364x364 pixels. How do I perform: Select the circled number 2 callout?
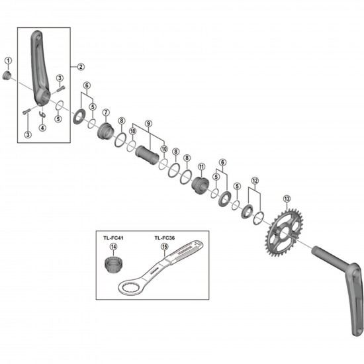click(80, 66)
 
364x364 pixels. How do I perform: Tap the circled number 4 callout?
click(42, 127)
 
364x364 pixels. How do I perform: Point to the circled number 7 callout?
click(105, 112)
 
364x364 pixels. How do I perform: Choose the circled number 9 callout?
click(148, 123)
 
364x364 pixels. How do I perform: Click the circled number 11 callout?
click(201, 167)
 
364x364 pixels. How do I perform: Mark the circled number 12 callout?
click(254, 180)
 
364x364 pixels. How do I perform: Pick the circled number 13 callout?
click(286, 199)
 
